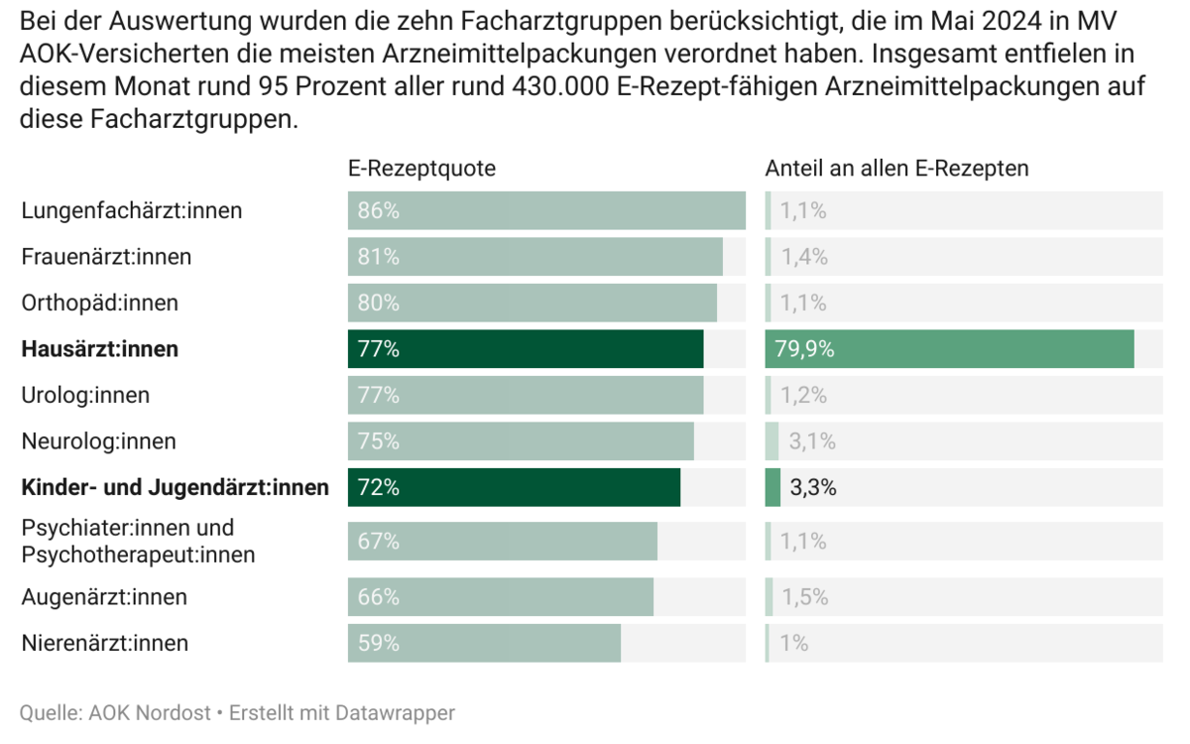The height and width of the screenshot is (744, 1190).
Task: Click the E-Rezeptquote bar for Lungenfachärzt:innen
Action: pyautogui.click(x=546, y=211)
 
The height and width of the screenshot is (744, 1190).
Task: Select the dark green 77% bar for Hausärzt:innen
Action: pyautogui.click(x=526, y=349)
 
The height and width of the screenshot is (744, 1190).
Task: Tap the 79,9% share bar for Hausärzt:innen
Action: pyautogui.click(x=949, y=349)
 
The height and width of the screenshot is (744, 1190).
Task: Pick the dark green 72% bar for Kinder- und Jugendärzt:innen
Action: pyautogui.click(x=514, y=488)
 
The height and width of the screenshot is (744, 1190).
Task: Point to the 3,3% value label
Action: pyautogui.click(x=812, y=488)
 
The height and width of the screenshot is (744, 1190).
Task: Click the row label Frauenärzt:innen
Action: pyautogui.click(x=106, y=257)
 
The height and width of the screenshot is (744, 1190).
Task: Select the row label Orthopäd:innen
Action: pyautogui.click(x=100, y=304)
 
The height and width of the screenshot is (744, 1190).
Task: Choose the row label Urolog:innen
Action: pyautogui.click(x=85, y=396)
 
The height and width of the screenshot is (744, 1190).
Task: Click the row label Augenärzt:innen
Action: pyautogui.click(x=104, y=597)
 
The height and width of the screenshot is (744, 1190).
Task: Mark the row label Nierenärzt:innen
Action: pyautogui.click(x=105, y=643)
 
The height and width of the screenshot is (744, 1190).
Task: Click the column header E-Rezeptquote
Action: pyautogui.click(x=421, y=169)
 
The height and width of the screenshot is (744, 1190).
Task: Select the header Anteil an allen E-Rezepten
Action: pyautogui.click(x=896, y=169)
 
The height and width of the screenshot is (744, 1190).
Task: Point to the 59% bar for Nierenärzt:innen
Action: pyautogui.click(x=484, y=643)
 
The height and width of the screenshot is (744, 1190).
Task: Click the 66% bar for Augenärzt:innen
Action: pyautogui.click(x=501, y=597)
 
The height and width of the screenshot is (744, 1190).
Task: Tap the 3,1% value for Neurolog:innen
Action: pyautogui.click(x=812, y=441)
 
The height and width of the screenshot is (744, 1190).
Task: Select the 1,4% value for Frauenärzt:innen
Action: pyautogui.click(x=803, y=257)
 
